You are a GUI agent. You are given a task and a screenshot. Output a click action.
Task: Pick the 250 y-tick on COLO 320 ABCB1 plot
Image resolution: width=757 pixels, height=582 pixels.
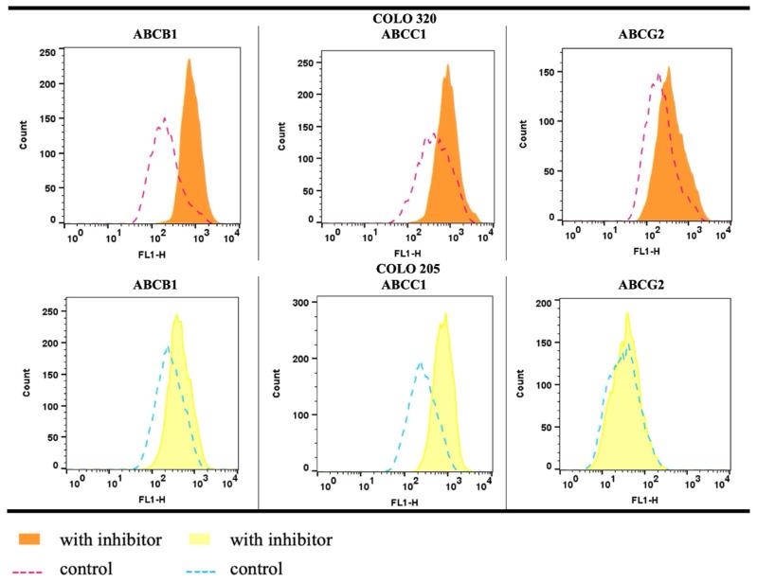point(47,53)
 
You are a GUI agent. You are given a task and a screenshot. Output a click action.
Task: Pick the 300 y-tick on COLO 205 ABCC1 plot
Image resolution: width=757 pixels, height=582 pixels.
point(303,302)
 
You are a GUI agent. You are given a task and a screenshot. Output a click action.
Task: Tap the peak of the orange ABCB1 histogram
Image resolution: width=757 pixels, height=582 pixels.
point(189,60)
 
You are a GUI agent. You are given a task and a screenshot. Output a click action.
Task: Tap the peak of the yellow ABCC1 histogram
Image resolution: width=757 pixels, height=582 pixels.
point(445,313)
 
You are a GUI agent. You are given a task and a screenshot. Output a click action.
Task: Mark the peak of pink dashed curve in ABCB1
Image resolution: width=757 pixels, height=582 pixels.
point(164,118)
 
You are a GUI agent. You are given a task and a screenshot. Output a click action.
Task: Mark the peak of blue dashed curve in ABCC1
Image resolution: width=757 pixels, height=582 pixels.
point(420,361)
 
